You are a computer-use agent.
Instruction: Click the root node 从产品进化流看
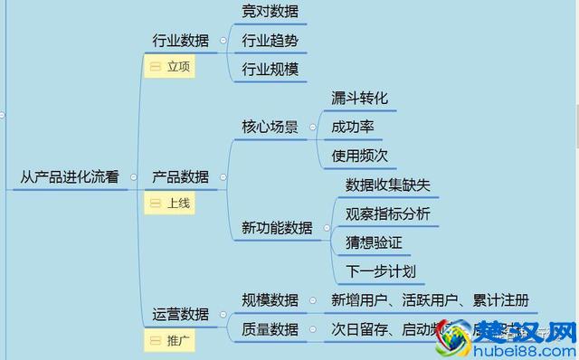(70, 177)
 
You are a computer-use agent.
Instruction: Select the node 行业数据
(179, 40)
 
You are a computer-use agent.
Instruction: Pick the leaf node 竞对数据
(270, 12)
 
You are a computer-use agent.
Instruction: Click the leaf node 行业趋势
(270, 41)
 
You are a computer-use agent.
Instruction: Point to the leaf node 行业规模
(270, 69)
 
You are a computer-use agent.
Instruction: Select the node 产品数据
(179, 177)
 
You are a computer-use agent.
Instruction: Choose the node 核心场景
(270, 127)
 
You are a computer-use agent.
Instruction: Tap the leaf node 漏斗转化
(360, 98)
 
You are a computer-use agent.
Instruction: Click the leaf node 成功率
(353, 127)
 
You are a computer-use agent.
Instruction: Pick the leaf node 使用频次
(360, 155)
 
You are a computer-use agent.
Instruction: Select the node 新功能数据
(277, 228)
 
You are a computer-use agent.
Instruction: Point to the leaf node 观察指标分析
(387, 213)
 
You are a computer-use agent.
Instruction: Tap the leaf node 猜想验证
(373, 242)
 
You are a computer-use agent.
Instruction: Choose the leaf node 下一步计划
(380, 271)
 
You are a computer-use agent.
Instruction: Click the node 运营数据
(179, 314)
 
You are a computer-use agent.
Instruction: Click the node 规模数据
(270, 300)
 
